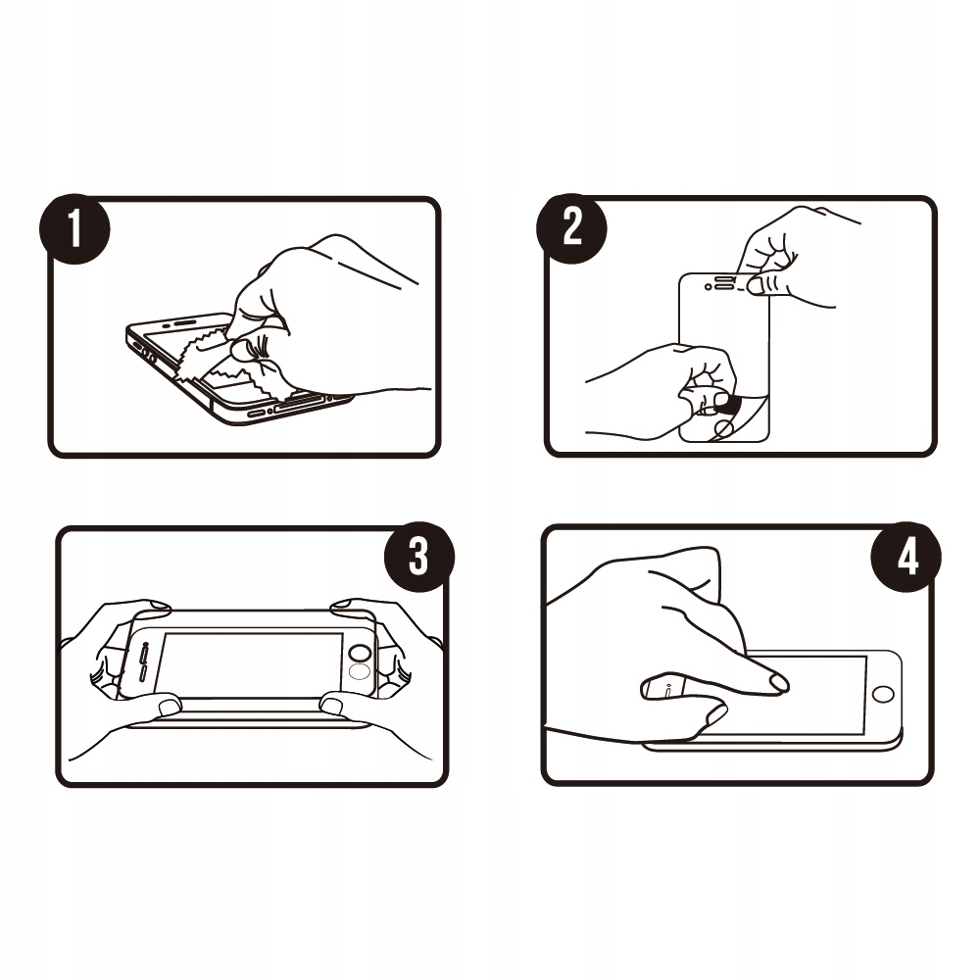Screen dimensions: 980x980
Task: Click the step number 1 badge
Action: pyautogui.click(x=75, y=228)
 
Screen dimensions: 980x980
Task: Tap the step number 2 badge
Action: pyautogui.click(x=572, y=228)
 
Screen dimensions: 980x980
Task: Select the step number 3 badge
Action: pyautogui.click(x=418, y=557)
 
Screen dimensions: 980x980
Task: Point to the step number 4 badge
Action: pyautogui.click(x=906, y=557)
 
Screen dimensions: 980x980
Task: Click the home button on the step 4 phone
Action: pyautogui.click(x=883, y=694)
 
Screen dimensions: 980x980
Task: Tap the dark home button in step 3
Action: pyautogui.click(x=361, y=653)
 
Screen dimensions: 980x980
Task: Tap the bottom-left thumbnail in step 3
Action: pyautogui.click(x=170, y=707)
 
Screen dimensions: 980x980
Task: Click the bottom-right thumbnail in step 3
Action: pyautogui.click(x=331, y=707)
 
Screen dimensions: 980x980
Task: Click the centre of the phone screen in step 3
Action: pyautogui.click(x=249, y=664)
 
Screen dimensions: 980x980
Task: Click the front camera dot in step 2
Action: pyautogui.click(x=709, y=287)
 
